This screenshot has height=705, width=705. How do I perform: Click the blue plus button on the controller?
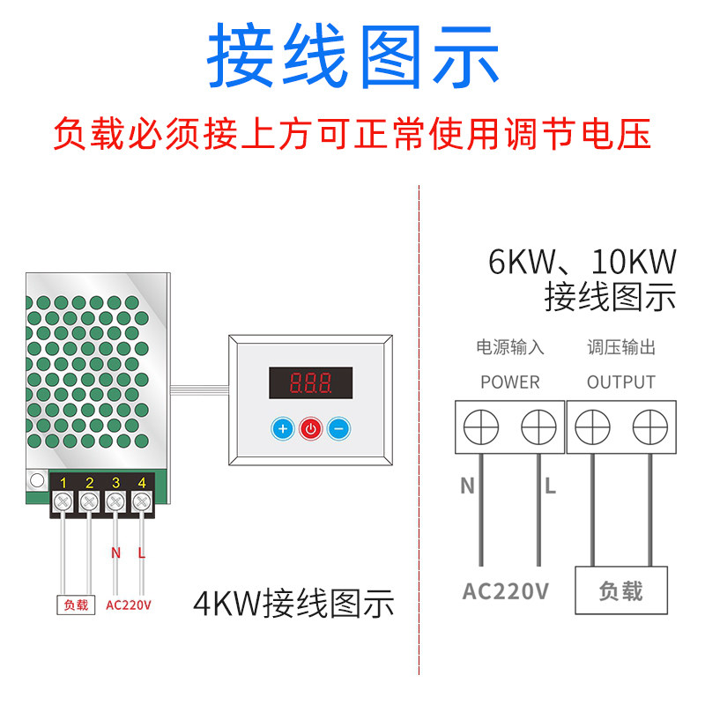point(282,429)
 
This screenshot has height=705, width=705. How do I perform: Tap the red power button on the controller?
point(310,429)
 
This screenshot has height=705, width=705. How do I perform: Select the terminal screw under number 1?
point(63,502)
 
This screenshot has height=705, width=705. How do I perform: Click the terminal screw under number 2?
point(89,502)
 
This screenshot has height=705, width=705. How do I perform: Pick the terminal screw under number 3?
point(115,502)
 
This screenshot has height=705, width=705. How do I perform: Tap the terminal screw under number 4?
point(142,502)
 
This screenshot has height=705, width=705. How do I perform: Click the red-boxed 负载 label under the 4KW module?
point(76,605)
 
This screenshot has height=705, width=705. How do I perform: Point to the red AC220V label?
point(129,605)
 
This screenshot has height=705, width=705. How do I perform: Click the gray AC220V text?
point(506,590)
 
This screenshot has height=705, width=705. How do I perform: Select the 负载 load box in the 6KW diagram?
point(620,590)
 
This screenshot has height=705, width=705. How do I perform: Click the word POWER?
point(509,382)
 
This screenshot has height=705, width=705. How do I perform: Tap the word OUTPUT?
point(621,382)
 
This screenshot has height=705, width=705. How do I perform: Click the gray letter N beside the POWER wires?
point(467,486)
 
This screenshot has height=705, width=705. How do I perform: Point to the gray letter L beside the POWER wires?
point(550,486)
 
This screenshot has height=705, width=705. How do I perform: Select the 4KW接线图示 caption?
point(293,605)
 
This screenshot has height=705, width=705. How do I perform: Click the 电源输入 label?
point(509,347)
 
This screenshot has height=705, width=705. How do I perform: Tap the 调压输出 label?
point(621,347)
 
